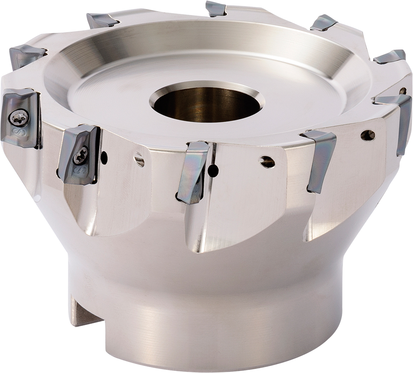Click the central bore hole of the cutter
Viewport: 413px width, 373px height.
(x=206, y=103)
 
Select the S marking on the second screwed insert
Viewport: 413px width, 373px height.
(x=77, y=170)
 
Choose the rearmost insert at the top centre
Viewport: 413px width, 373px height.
(x=216, y=9)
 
